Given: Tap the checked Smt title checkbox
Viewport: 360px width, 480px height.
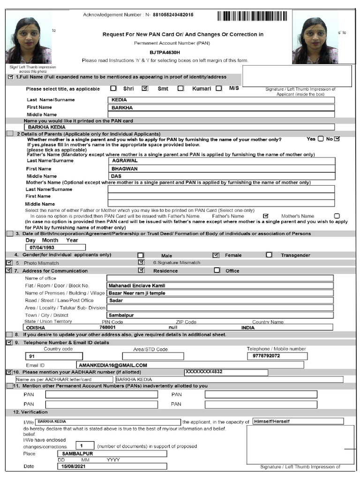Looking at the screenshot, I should (145, 88).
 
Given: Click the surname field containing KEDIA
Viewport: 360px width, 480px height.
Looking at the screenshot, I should (221, 100).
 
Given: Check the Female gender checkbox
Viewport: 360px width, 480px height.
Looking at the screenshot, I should (216, 255).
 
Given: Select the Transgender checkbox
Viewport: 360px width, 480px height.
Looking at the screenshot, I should (269, 255).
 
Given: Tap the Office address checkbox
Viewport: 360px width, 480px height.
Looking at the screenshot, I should (217, 270).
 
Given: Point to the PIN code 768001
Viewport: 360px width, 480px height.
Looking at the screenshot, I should (108, 328).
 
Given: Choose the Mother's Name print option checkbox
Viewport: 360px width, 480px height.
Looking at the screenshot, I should (337, 216).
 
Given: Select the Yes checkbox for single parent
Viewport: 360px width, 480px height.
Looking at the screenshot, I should (321, 139).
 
